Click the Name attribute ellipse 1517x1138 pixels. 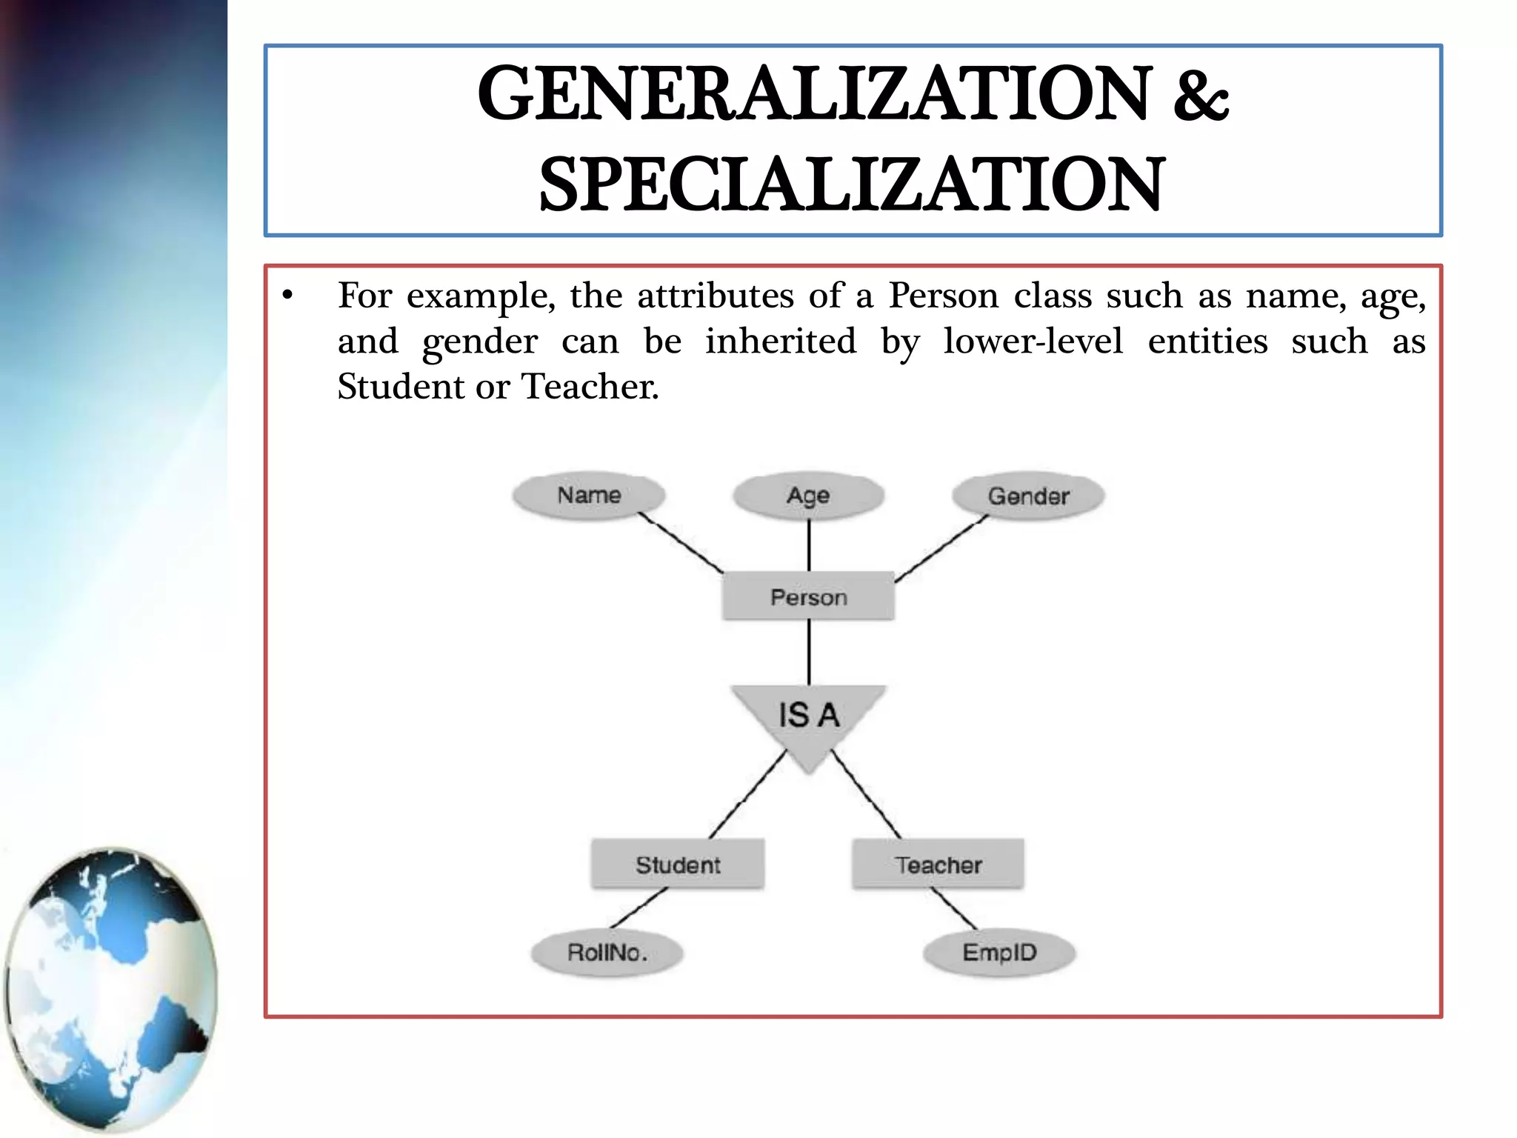click(589, 496)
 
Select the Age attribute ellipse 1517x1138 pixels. click(808, 495)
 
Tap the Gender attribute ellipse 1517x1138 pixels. click(1028, 496)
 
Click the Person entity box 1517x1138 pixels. click(808, 596)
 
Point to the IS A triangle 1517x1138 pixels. click(808, 719)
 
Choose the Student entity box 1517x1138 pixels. click(678, 864)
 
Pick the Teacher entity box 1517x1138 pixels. click(938, 864)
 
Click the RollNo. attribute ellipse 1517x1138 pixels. click(607, 952)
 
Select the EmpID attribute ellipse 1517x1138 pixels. click(999, 952)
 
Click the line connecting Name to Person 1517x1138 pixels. click(681, 543)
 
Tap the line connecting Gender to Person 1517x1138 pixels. click(941, 549)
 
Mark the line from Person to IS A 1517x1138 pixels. click(808, 652)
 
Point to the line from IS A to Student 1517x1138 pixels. click(747, 795)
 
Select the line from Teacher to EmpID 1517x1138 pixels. click(954, 908)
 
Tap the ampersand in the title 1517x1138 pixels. click(1201, 95)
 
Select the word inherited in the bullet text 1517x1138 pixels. click(780, 342)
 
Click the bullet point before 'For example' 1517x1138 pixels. click(288, 296)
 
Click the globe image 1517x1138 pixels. click(111, 989)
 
